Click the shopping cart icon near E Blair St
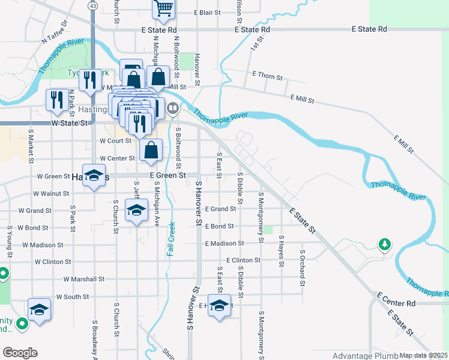point(163,9)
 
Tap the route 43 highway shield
point(92,5)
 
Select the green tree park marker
point(384,244)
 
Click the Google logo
point(20,353)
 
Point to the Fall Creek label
point(170,240)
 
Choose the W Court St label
point(115,141)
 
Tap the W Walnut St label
point(52,194)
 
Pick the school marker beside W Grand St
point(136,211)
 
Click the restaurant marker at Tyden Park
point(90,80)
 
